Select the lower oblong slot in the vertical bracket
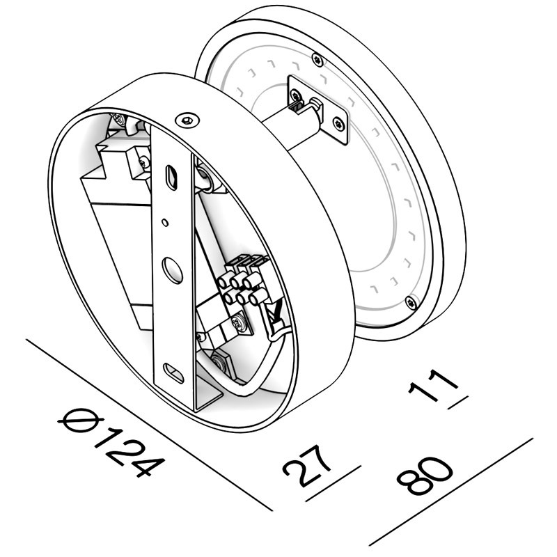pos(174,372)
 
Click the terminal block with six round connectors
pos(244,282)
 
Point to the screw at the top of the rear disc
pos(317,58)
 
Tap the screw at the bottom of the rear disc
pos(411,301)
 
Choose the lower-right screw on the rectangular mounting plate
pos(338,125)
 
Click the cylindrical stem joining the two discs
pos(292,129)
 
